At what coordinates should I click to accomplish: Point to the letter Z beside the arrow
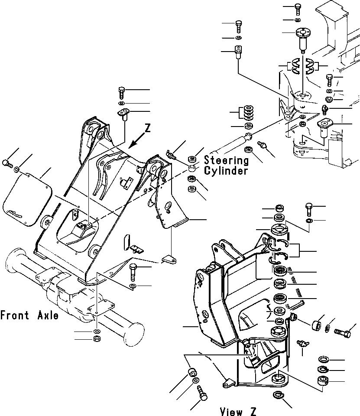coord(148,128)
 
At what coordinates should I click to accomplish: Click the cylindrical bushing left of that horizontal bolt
coord(317,325)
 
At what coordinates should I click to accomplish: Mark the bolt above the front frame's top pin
coord(121,92)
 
